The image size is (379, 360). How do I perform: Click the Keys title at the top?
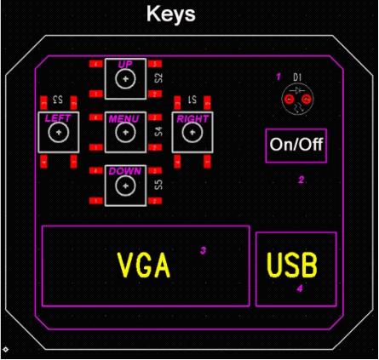coord(171,14)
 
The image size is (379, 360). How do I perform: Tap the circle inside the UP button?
coord(125,69)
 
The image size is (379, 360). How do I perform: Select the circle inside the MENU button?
coord(125,123)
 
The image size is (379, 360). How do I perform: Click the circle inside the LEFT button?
coord(59,123)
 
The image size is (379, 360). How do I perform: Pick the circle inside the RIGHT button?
coord(192,123)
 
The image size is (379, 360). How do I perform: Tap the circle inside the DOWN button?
coord(125,176)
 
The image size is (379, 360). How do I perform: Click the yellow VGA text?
coord(144,265)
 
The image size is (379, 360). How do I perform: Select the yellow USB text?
coord(292,265)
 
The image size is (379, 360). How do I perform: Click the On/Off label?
coord(296,144)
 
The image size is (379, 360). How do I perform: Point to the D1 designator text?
coord(297,77)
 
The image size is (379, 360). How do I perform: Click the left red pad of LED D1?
coord(289,100)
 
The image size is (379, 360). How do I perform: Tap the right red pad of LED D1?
coord(306,100)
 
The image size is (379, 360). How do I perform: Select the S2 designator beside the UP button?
coord(159,77)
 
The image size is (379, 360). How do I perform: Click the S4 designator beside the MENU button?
coord(159,131)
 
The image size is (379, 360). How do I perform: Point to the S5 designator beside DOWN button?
coord(159,185)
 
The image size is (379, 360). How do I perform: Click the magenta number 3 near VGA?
coord(203,251)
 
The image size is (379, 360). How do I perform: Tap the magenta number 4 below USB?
coord(300,289)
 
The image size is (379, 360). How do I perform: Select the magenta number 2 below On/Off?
coord(301,180)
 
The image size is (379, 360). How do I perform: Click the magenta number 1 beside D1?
coord(279,77)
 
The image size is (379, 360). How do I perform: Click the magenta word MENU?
coord(123,118)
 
